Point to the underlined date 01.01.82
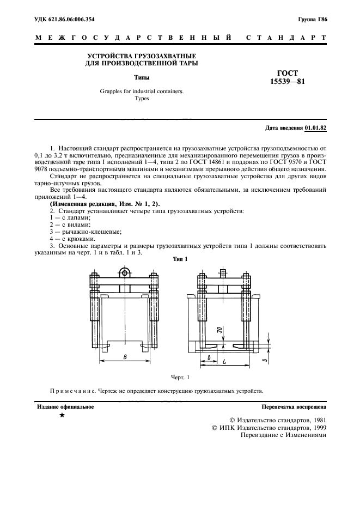tap(315, 128)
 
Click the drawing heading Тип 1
tap(180, 259)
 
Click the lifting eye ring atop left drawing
tap(125, 272)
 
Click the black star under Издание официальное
tap(62, 416)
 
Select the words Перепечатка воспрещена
tap(294, 406)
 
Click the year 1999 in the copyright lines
tap(315, 428)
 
